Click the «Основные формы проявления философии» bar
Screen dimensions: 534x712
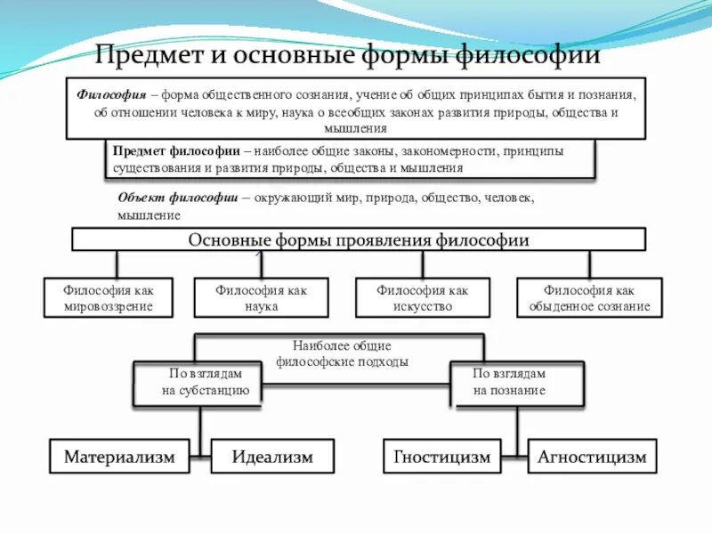point(359,239)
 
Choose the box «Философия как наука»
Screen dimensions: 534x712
point(261,298)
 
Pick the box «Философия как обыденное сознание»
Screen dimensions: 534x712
point(589,298)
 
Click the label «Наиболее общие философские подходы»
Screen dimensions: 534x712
point(343,354)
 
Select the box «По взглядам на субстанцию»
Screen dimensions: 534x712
point(198,383)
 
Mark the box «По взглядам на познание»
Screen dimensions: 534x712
point(516,383)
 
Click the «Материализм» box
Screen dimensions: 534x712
point(120,457)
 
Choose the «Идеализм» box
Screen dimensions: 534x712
point(272,457)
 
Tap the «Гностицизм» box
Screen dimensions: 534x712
point(442,457)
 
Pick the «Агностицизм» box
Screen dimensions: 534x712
point(592,457)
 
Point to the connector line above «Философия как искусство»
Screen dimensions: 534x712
point(423,264)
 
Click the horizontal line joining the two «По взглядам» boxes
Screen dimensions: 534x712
point(356,384)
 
